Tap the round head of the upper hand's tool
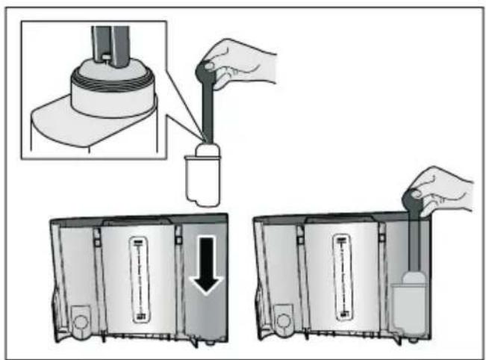point(207,71)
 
